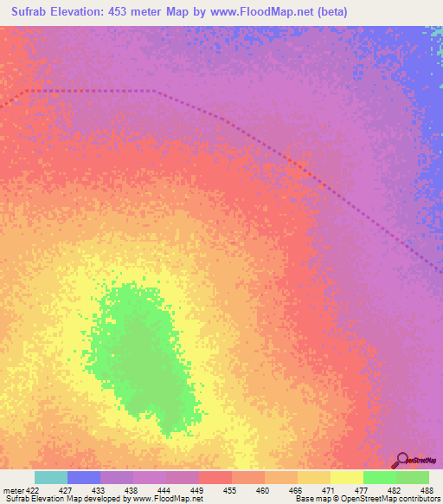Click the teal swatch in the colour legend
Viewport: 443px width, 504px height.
coord(51,477)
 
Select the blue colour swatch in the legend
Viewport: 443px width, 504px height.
coord(84,477)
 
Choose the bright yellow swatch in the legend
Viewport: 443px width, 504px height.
coord(347,477)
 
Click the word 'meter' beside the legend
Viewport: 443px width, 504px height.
coord(13,489)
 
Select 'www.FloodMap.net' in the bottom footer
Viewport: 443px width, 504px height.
coord(160,499)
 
